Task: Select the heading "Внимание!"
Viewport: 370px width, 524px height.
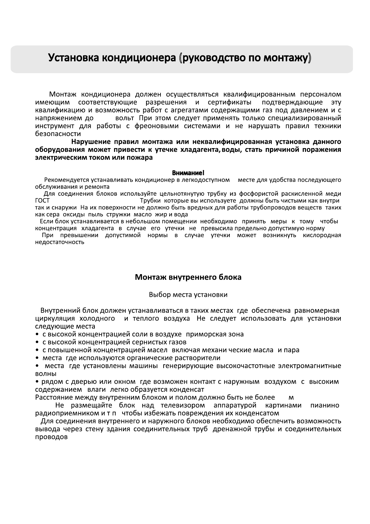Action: pos(188,173)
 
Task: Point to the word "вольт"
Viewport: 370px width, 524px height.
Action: pos(124,118)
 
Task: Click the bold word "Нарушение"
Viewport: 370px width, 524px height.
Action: pos(91,142)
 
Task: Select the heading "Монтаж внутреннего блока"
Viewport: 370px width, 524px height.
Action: pos(188,277)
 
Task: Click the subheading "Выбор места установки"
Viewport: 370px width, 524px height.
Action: pos(188,295)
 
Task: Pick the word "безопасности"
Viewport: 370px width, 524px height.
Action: pos(58,134)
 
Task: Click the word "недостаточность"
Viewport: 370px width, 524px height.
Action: pos(59,242)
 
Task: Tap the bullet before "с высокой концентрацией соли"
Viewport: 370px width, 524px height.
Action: pos(37,335)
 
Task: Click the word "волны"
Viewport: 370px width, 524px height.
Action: pos(45,374)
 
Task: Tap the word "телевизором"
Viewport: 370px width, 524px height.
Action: pos(183,405)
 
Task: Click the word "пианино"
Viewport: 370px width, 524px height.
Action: pos(324,405)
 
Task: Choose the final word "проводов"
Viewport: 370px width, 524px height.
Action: pos(51,437)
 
